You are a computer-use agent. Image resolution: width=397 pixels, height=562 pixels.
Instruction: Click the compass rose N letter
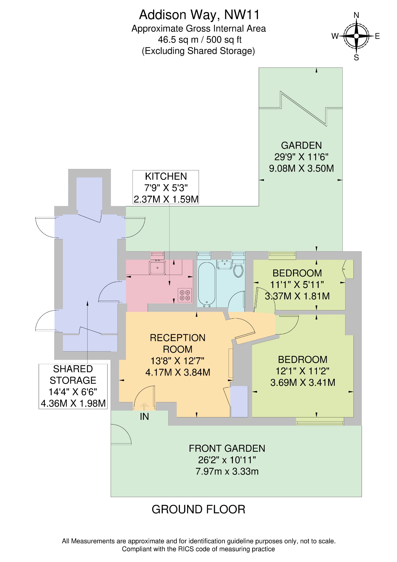pos(356,15)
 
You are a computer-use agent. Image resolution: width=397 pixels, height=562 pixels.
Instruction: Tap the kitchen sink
pos(157,268)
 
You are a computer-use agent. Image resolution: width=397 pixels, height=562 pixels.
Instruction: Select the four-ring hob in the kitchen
pos(185,295)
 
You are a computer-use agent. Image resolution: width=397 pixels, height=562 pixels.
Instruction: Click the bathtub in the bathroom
pos(206,284)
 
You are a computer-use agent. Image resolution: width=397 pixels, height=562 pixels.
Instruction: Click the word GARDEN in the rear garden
pos(301,145)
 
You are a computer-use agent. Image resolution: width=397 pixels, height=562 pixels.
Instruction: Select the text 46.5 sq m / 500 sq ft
pos(199,40)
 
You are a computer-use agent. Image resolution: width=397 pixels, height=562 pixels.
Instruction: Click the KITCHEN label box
pos(166,187)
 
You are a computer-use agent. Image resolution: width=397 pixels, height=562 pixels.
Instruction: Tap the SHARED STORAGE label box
pos(73,386)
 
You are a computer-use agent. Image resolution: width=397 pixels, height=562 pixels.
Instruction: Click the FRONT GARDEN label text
pos(227,448)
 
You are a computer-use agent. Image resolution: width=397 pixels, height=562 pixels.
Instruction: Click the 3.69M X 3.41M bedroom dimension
pos(303,383)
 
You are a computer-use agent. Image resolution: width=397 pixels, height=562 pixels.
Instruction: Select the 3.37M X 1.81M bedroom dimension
pos(297,296)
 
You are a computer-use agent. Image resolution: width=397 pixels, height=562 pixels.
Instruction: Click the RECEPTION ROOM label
pos(178,343)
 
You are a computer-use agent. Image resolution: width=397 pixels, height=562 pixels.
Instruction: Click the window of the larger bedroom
pos(320,421)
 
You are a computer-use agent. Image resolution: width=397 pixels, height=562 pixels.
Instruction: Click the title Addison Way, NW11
pos(199,15)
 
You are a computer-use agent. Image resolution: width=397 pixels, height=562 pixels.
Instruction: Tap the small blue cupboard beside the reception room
pos(239,401)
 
